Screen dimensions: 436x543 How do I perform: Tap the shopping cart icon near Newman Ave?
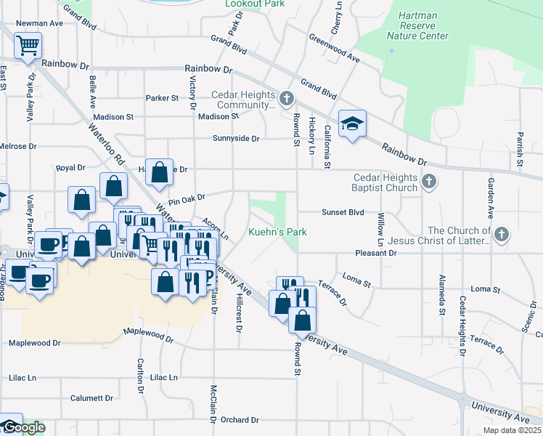click(28, 47)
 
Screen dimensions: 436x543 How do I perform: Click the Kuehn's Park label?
click(277, 232)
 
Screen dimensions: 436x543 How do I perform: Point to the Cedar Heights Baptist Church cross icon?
click(429, 182)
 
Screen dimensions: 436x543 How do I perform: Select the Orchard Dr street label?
click(240, 420)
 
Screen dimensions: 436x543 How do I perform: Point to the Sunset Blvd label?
click(343, 213)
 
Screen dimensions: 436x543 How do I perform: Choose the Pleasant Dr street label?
click(376, 253)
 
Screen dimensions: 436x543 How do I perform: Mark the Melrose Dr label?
click(17, 146)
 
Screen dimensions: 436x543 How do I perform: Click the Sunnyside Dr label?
click(236, 138)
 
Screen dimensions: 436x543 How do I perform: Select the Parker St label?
click(161, 97)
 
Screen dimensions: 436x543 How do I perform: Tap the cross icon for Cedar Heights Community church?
click(287, 98)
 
